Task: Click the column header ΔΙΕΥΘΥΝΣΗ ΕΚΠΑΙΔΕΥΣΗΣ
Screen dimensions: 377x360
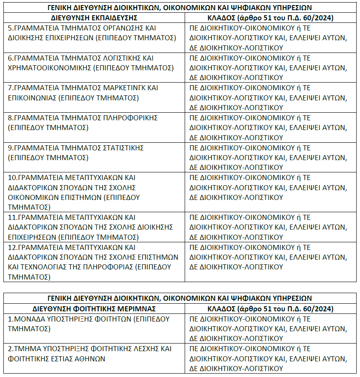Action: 94,17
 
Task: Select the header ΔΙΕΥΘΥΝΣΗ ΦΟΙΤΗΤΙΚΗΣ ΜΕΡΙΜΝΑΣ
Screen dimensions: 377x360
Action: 94,308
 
